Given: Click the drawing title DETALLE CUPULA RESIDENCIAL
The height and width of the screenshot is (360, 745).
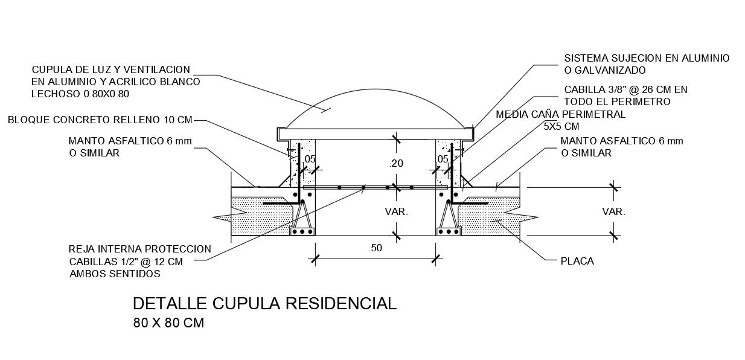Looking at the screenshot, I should [264, 303].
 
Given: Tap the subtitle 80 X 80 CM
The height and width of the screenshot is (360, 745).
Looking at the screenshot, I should [168, 323].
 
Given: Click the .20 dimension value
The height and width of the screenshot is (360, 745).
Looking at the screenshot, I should [396, 163].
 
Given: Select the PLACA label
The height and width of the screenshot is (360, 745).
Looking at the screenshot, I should [577, 262].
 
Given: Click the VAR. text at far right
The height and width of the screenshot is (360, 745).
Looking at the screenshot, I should [613, 212].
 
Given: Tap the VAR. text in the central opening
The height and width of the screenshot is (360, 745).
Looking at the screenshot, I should [397, 212].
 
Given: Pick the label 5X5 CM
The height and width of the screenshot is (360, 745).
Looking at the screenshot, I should [561, 126].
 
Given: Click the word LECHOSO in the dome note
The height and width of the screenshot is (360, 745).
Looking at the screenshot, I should [52, 94].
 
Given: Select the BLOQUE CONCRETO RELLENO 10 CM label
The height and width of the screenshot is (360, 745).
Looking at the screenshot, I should [100, 120].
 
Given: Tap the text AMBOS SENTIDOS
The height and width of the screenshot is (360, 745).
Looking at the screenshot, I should [115, 274].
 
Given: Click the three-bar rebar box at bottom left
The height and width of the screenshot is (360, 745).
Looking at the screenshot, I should [302, 231].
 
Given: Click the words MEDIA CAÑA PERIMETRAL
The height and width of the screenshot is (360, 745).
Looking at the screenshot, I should [560, 114].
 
